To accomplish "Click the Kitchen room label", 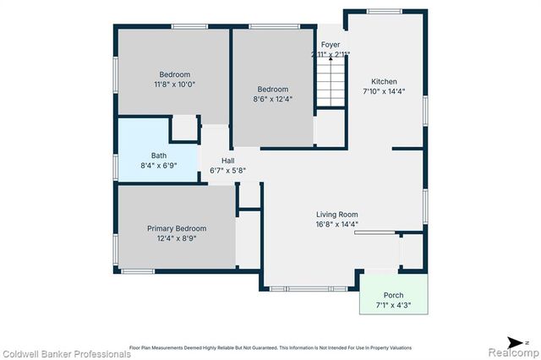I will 385,81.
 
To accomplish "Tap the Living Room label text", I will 337,215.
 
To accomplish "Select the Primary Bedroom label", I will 177,228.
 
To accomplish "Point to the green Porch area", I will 394,295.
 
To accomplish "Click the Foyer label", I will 330,45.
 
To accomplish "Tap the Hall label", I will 228,161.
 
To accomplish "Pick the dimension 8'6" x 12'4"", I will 273,100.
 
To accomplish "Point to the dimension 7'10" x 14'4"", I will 385,91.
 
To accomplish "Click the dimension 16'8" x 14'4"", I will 337,225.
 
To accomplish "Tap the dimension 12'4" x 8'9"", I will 177,238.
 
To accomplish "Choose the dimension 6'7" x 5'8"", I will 228,171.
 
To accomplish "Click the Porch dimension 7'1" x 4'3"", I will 394,305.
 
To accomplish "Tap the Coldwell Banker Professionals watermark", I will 66,353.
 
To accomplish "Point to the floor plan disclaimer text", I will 270,347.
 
